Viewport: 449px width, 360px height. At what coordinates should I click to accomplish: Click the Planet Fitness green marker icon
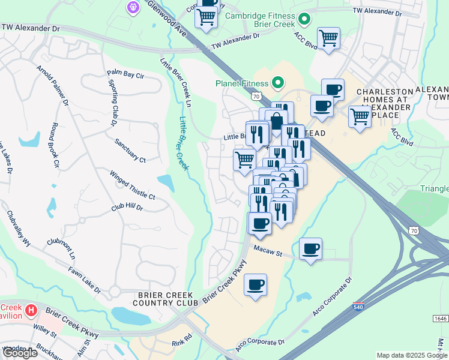coord(278,82)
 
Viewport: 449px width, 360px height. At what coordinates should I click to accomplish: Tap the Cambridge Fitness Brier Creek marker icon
coord(304,20)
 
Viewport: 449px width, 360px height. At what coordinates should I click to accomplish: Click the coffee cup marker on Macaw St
coord(310,248)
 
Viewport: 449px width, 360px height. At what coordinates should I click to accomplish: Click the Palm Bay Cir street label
coord(125,76)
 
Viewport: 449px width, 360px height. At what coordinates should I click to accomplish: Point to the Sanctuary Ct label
coord(130,151)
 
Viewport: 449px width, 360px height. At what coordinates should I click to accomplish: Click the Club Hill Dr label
coord(127,207)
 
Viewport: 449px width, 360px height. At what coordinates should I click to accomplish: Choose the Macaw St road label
coord(268,249)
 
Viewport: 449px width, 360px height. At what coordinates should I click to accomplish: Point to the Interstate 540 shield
coord(358,307)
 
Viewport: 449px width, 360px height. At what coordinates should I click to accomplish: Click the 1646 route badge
coord(440,318)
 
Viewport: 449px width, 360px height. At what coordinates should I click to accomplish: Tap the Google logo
coord(20,353)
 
